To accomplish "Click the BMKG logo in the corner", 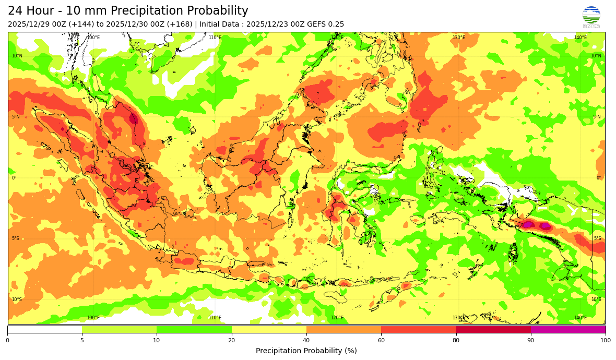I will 591,17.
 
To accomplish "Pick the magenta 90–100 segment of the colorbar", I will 568,329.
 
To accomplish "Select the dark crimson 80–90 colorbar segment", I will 493,329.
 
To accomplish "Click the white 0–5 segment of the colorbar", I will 44,329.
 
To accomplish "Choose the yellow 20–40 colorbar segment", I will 269,329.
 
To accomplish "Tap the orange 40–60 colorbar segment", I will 343,329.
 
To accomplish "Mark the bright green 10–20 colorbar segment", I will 194,329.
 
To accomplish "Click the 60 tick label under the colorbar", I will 381,341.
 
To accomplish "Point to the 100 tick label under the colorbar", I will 605,341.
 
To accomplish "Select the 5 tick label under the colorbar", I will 82,341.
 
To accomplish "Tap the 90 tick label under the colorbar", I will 531,341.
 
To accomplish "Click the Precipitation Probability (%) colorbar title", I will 306,351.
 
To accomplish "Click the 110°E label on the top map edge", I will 215,38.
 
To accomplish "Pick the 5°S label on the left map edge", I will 16,239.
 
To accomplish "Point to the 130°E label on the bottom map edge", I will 458,318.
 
